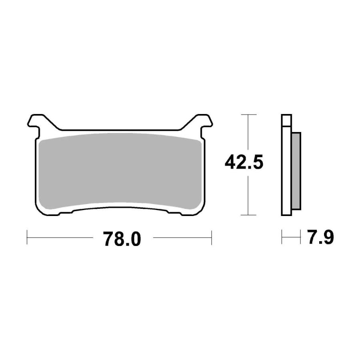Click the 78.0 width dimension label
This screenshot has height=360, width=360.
pyautogui.click(x=122, y=239)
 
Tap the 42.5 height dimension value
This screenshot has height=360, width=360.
pyautogui.click(x=244, y=162)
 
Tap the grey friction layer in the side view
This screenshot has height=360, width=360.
pyautogui.click(x=296, y=171)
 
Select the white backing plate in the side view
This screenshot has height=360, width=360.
pyautogui.click(x=286, y=170)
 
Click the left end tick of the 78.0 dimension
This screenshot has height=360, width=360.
pyautogui.click(x=27, y=237)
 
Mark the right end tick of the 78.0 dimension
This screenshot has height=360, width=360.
pyautogui.click(x=212, y=237)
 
